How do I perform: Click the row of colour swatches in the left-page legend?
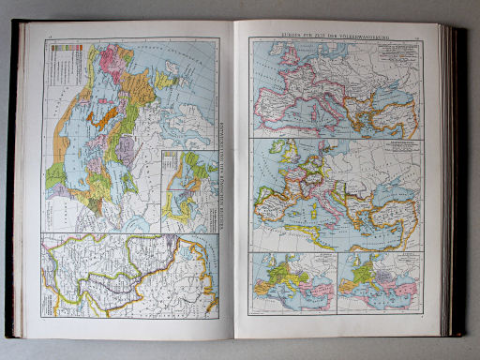69,57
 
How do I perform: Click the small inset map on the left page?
185,187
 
